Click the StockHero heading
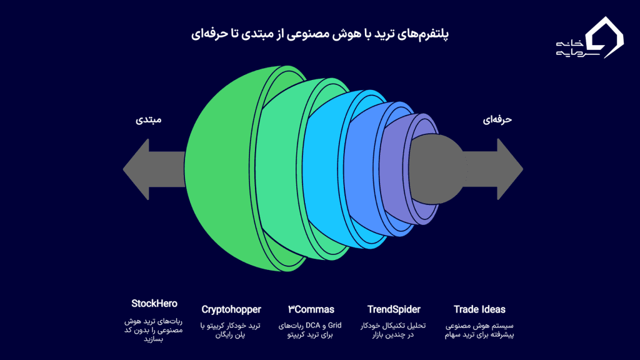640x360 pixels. click(154, 304)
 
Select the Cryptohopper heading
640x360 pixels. click(231, 309)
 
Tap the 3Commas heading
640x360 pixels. click(311, 309)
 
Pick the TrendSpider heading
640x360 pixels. click(394, 309)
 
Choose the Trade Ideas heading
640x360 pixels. click(479, 309)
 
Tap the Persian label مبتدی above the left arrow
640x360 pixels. click(149, 119)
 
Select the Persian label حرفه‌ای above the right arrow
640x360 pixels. click(497, 119)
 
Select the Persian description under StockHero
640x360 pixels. click(154, 330)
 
